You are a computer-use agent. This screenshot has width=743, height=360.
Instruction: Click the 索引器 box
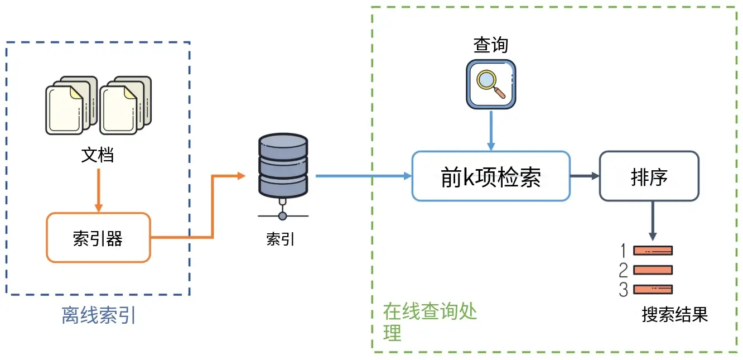pyautogui.click(x=98, y=238)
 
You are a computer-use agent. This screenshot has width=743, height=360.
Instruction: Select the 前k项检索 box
pyautogui.click(x=491, y=176)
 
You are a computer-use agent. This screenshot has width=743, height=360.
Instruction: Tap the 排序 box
pyautogui.click(x=649, y=176)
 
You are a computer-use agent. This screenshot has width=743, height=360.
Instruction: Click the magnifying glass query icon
pyautogui.click(x=491, y=84)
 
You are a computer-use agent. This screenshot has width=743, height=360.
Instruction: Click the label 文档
pyautogui.click(x=98, y=155)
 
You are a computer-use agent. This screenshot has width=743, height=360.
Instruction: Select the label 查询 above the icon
pyautogui.click(x=491, y=45)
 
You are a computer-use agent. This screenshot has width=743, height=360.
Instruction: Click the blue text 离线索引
pyautogui.click(x=99, y=316)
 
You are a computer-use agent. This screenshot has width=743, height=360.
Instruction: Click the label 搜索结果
pyautogui.click(x=674, y=314)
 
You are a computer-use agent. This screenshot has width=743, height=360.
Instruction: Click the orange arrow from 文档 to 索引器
pyautogui.click(x=99, y=190)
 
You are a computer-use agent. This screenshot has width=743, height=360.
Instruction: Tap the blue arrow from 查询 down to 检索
pyautogui.click(x=491, y=129)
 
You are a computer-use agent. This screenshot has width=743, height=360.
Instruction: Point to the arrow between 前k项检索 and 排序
pyautogui.click(x=584, y=176)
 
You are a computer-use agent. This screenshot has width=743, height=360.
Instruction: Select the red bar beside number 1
pyautogui.click(x=653, y=251)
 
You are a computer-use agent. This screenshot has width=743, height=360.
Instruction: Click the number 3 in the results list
pyautogui.click(x=624, y=290)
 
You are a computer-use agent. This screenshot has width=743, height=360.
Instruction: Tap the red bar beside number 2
pyautogui.click(x=653, y=270)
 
